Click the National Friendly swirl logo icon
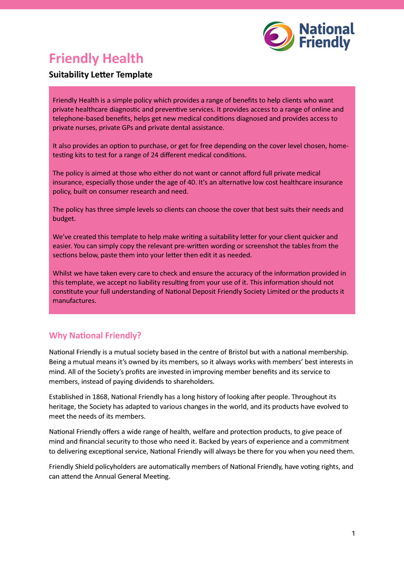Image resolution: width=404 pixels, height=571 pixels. point(278,36)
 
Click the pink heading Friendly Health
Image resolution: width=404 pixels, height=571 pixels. point(96,58)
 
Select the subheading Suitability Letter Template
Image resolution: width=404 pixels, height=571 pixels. point(100,75)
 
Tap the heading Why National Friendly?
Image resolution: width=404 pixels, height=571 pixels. point(95,335)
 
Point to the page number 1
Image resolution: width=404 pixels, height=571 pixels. point(353,534)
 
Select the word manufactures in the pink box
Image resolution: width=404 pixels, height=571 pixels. point(74,301)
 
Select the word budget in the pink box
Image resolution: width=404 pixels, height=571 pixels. point(64,219)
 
